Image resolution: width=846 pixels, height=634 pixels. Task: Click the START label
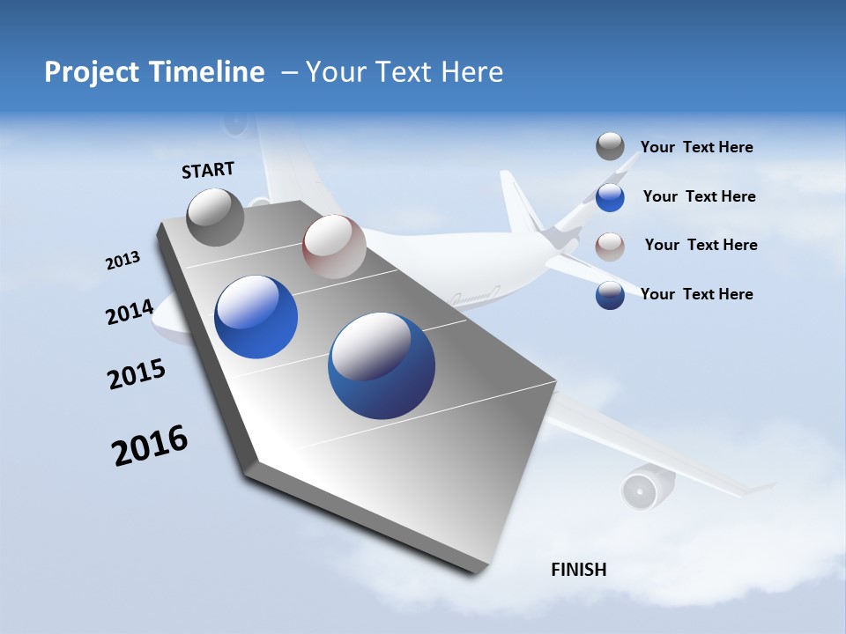point(208,170)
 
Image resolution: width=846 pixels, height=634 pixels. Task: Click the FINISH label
point(578,570)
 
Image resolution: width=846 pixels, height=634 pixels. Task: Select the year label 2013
point(122,261)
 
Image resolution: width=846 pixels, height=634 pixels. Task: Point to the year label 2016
point(150,446)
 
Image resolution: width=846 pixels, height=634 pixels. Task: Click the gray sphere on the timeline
point(215,217)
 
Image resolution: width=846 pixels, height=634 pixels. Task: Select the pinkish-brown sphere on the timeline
point(333,247)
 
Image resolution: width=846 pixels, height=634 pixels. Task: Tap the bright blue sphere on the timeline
point(256,317)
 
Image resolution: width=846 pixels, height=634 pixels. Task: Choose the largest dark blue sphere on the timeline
point(381,365)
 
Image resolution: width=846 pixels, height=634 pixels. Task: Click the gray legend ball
point(610,146)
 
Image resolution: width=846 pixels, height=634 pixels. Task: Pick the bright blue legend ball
point(610,197)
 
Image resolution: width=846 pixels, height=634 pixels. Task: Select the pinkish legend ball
point(610,246)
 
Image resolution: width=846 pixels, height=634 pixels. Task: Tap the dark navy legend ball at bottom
point(610,295)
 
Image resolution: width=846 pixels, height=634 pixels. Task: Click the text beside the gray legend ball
point(696,147)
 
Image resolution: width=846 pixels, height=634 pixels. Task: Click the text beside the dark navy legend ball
point(696,294)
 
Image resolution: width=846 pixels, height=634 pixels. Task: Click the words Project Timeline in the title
point(154,72)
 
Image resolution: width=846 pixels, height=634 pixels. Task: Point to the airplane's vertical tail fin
point(520,203)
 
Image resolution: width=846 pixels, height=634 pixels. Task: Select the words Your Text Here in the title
point(404,72)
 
